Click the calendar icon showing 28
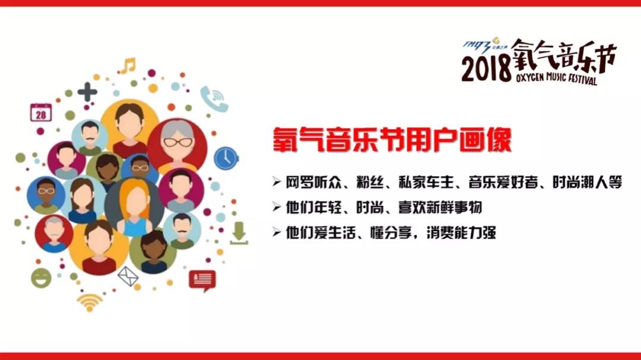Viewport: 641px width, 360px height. [x=40, y=112]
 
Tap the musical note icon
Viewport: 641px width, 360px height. [x=128, y=64]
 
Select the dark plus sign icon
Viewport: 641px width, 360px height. [x=87, y=91]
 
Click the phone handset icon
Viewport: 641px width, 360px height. [x=211, y=95]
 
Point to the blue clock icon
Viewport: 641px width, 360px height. [x=226, y=158]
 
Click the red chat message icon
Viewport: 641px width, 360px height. [x=202, y=279]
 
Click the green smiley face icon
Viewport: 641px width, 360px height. [x=41, y=278]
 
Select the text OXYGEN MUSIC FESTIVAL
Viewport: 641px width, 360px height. [x=554, y=77]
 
